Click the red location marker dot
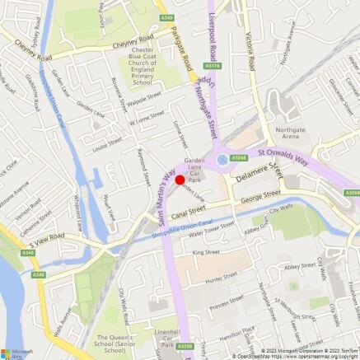coord(180,180)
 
